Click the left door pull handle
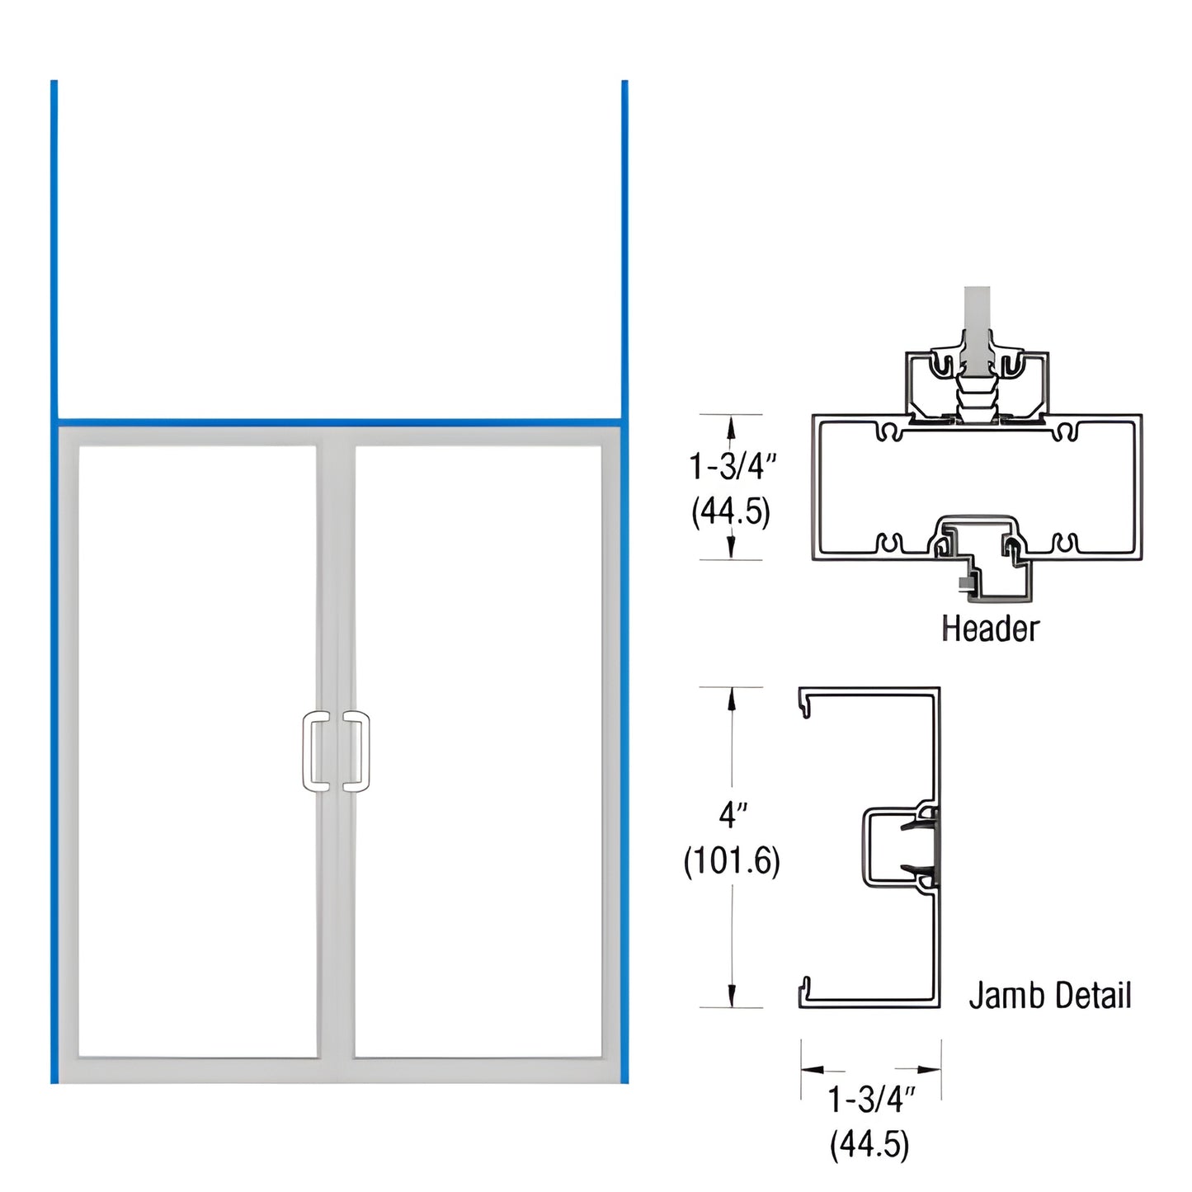pos(315,751)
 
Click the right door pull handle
pos(357,751)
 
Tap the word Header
pos(990,629)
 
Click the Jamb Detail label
pos(1049,995)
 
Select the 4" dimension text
pos(732,815)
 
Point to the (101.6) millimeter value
pos(732,861)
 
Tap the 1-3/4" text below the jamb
pos(871,1099)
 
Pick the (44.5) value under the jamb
pos(869,1144)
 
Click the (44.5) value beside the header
pos(731,511)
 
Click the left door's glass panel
pos(197,751)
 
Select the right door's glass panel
pos(478,751)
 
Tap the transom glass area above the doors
pos(338,247)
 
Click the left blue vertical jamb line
pos(54,577)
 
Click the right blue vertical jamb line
pos(624,577)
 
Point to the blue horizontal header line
pos(338,422)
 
